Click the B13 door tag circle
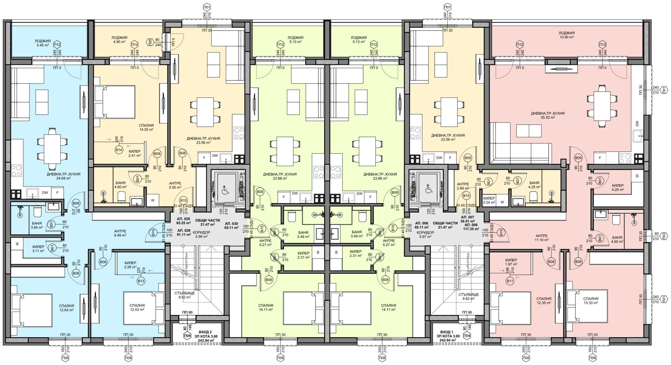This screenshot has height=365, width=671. (141, 281)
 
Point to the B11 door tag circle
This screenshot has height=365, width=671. (510, 281)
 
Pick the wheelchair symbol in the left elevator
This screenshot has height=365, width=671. (226, 191)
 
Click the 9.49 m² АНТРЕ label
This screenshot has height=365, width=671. (120, 233)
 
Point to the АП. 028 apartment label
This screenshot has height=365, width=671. (184, 233)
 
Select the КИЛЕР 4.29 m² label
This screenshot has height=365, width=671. (618, 188)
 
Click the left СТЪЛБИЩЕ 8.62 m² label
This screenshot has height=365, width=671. (184, 295)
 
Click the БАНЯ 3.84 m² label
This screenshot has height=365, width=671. (37, 225)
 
